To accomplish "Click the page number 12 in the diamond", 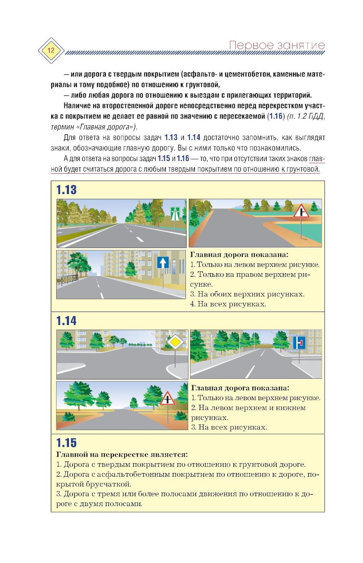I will (x=50, y=50).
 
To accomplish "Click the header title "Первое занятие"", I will (x=277, y=45).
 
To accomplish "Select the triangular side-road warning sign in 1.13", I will (x=301, y=211).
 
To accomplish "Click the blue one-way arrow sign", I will (x=163, y=262).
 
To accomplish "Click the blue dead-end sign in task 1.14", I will (x=299, y=342).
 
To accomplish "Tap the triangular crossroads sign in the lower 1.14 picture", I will (x=167, y=399).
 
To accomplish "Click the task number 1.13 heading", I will (x=66, y=190).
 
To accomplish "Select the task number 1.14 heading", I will (x=66, y=321).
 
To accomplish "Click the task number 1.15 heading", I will (x=66, y=443).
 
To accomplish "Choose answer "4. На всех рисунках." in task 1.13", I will (x=228, y=304).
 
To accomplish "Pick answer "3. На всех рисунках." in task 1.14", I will (x=229, y=427).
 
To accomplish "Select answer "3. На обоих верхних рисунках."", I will (x=247, y=294).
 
